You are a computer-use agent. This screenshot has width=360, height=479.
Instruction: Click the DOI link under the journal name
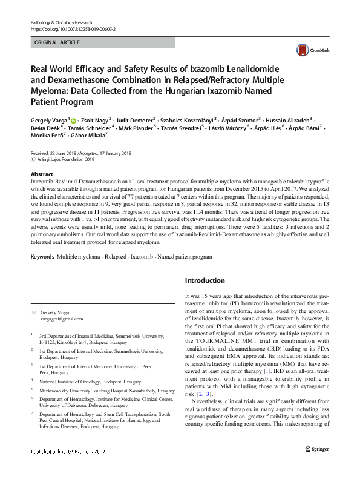(x=73, y=29)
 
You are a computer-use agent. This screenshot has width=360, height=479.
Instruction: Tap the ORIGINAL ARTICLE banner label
(x=57, y=43)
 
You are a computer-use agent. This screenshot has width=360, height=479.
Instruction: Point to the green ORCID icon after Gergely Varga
(x=74, y=121)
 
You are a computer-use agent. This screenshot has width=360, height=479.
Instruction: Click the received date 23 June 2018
(x=65, y=154)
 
